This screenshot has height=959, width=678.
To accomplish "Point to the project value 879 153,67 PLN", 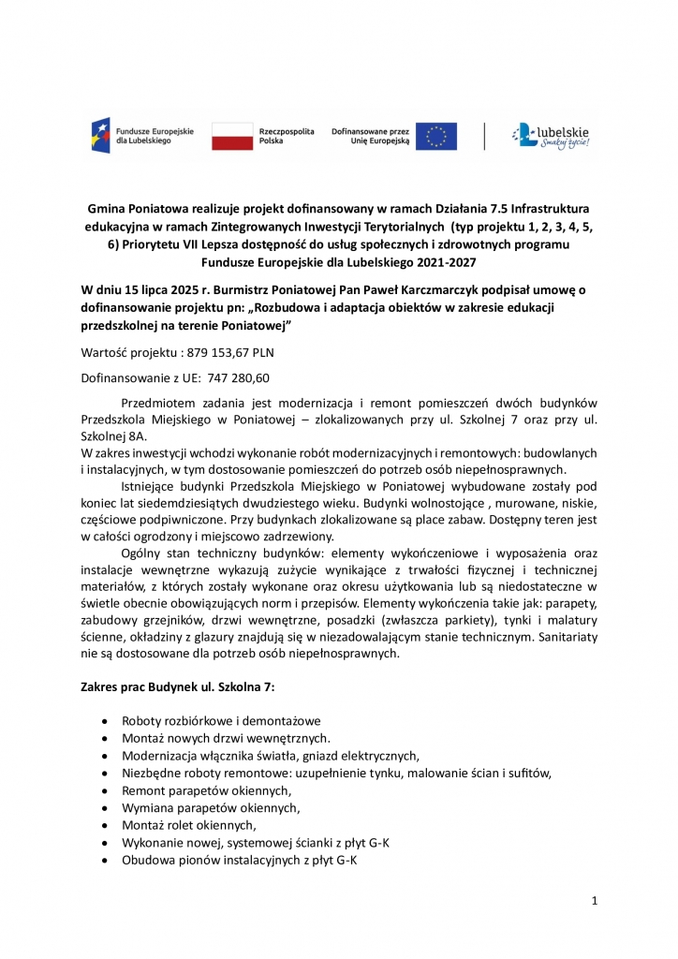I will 226,352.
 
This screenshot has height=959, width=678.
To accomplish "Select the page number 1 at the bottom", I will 595,901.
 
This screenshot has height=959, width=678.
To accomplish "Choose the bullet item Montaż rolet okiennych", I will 188,825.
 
